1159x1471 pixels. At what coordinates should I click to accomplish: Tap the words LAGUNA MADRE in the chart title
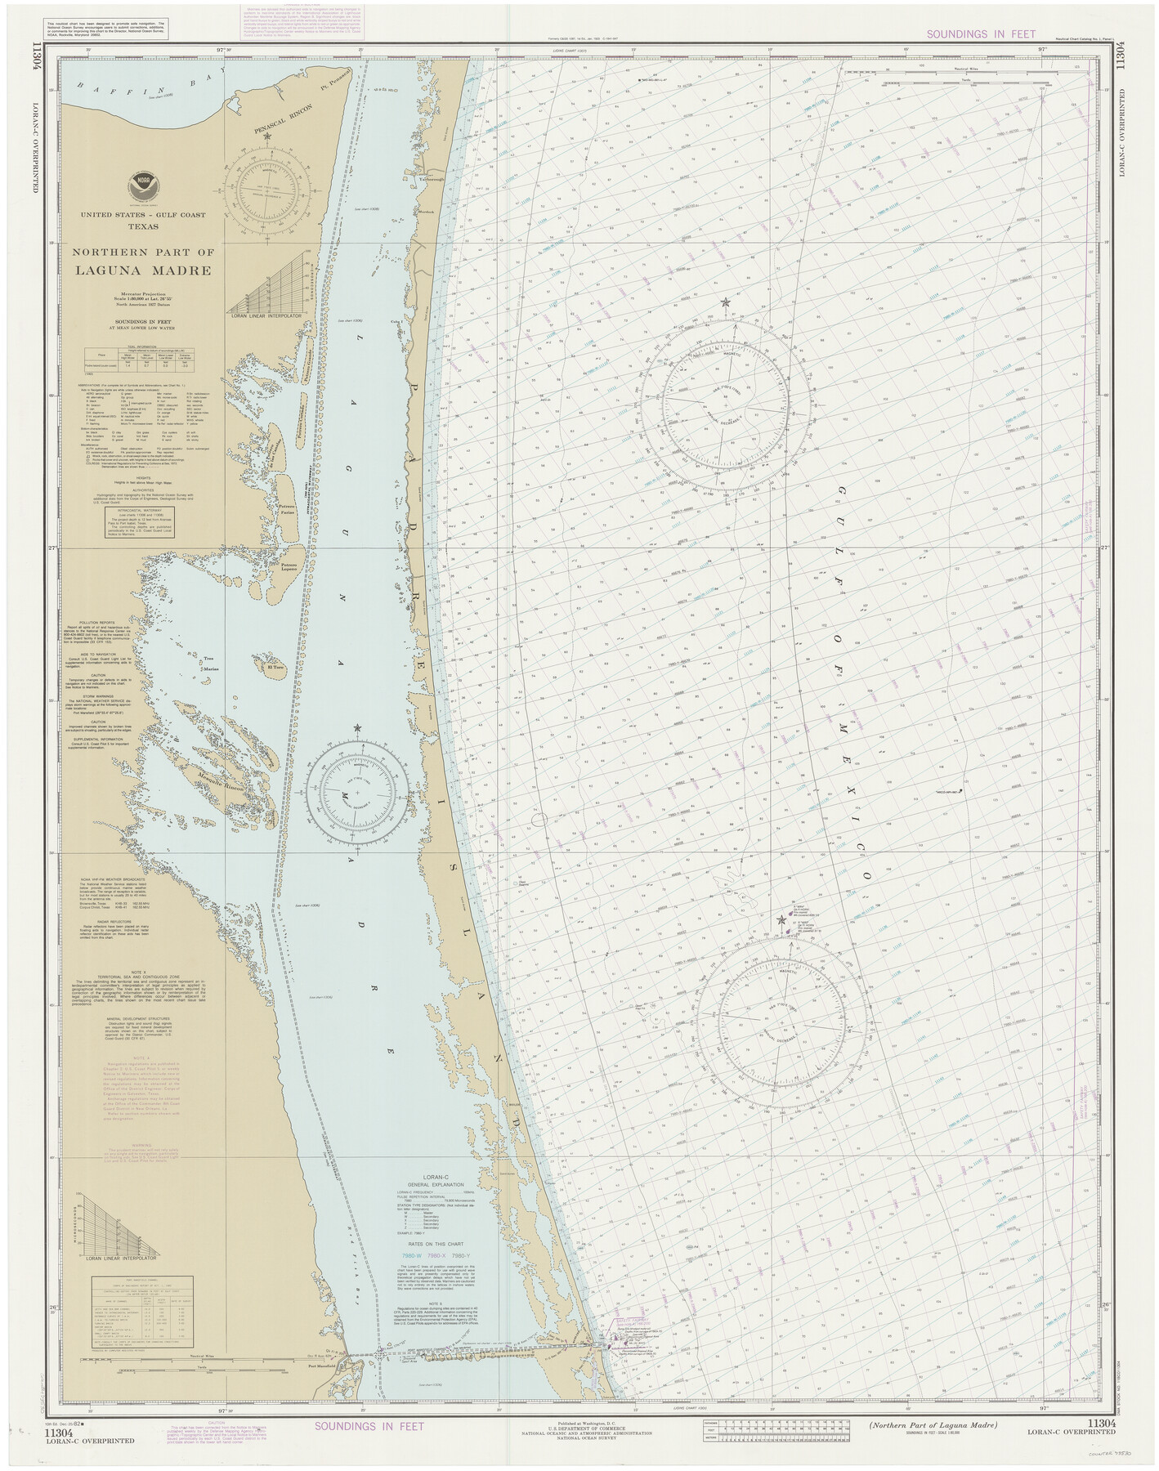pyautogui.click(x=143, y=271)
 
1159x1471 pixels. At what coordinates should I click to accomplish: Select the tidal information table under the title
pyautogui.click(x=143, y=355)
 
